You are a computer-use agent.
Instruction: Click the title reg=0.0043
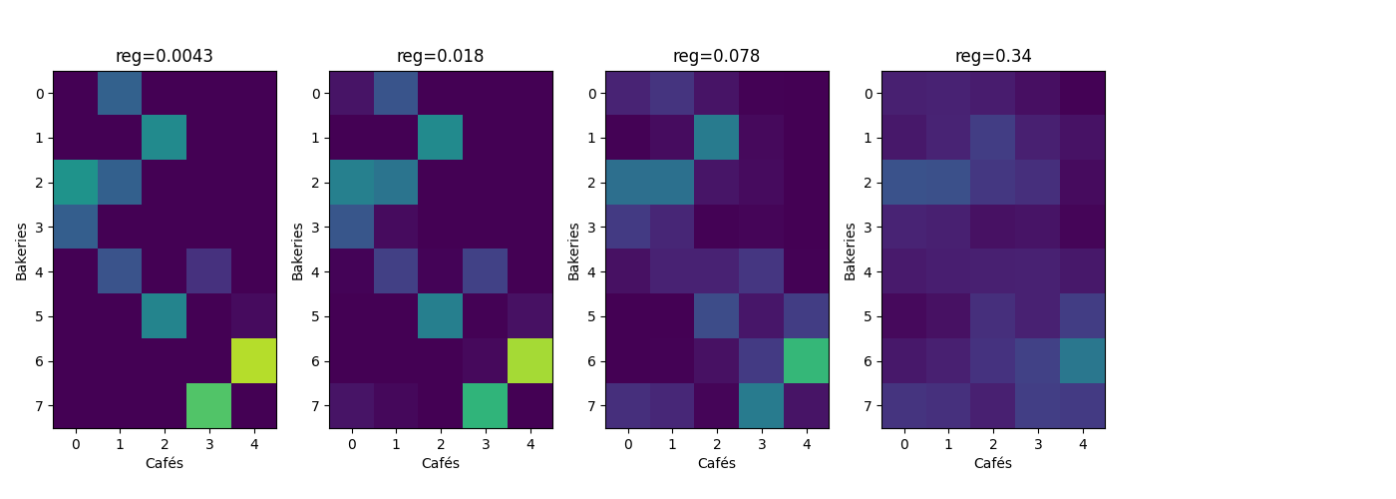165,56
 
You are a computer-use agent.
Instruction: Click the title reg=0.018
441,56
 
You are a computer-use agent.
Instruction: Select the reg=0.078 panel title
717,56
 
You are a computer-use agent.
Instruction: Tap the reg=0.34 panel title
993,56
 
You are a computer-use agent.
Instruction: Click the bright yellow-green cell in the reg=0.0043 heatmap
254,361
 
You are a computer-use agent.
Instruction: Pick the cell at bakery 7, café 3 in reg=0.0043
209,405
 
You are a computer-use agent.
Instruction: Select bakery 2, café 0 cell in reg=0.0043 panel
75,183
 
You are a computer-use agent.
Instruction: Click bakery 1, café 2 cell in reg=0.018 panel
441,138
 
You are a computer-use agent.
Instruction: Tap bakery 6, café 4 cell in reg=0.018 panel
530,361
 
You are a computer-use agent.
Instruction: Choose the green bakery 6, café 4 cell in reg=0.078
807,361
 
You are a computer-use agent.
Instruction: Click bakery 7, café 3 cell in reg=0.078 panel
762,405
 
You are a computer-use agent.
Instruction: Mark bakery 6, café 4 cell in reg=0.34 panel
1083,361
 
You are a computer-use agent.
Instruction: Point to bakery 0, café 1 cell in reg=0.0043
120,93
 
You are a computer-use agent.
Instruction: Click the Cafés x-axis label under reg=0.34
993,463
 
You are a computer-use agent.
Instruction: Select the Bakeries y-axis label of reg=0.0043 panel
21,249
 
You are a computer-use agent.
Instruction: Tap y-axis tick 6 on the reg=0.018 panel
317,361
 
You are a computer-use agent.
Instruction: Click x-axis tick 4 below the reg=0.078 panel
807,442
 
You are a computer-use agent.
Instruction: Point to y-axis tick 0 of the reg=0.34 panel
870,94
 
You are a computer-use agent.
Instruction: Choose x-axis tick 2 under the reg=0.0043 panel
165,442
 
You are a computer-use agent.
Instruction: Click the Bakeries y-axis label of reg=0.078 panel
573,249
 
